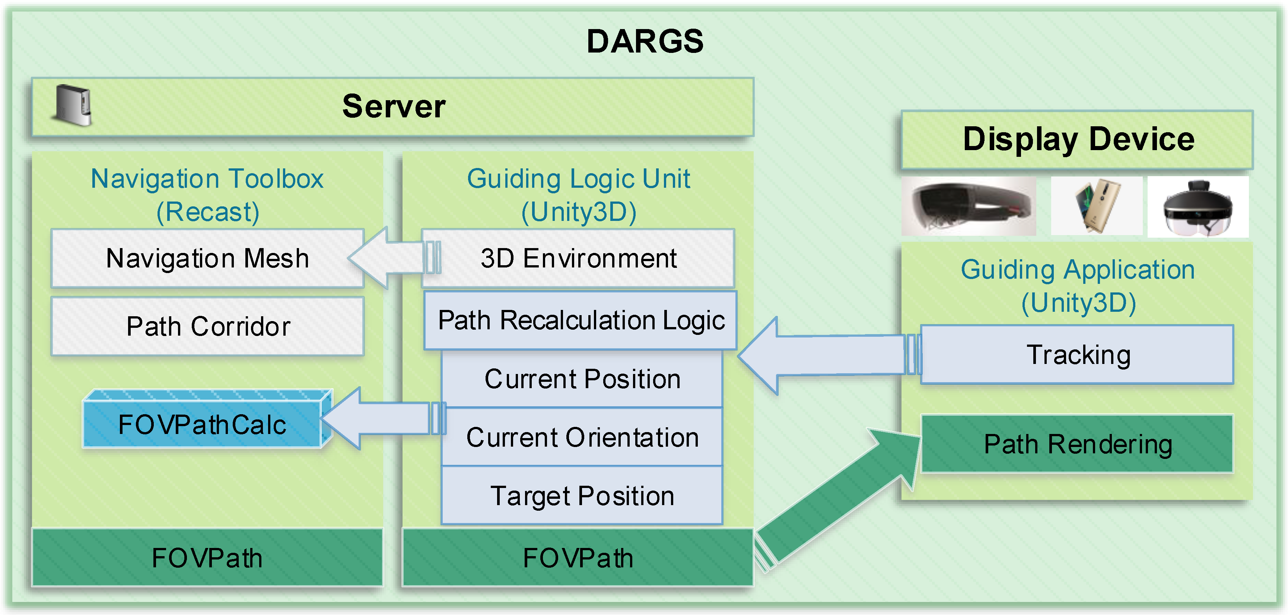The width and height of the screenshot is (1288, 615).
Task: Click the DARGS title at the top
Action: tap(645, 41)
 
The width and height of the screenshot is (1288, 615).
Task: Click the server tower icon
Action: tap(73, 105)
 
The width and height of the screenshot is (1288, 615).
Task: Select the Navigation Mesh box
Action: tap(207, 258)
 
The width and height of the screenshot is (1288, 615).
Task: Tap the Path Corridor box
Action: tap(207, 326)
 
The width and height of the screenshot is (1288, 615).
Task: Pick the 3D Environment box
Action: tap(578, 258)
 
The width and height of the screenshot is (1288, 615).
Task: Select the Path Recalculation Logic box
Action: tap(581, 320)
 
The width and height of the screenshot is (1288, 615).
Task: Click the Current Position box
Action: tap(582, 378)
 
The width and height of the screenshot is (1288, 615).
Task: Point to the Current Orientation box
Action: tap(582, 437)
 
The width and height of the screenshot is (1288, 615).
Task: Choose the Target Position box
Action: tap(582, 495)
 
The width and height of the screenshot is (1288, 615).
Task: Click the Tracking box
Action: tap(1078, 355)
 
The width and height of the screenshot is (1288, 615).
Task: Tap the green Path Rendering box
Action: tap(1078, 444)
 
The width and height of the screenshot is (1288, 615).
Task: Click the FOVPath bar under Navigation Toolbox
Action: tap(207, 558)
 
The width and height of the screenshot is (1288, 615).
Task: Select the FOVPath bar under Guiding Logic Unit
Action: tap(578, 558)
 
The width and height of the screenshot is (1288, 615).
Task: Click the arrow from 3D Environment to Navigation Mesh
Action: tap(394, 257)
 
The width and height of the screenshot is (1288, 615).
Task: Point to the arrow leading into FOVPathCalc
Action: tap(382, 418)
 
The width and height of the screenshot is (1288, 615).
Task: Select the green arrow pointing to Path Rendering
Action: tap(838, 500)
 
